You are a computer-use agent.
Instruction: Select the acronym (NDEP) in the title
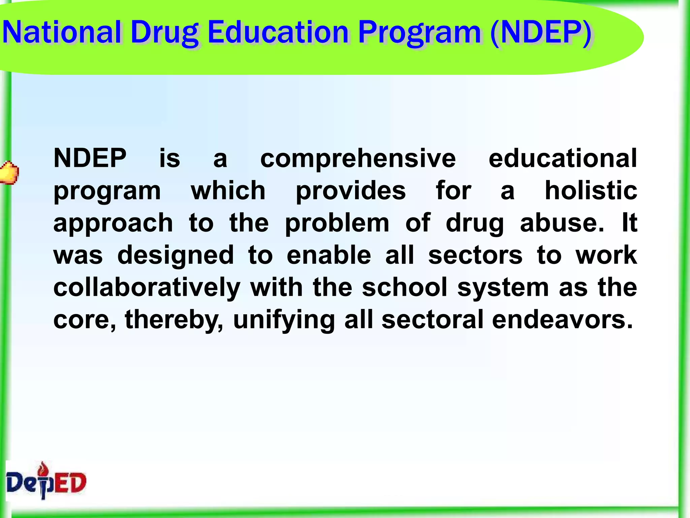(x=541, y=33)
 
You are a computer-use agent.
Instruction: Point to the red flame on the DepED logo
(x=43, y=468)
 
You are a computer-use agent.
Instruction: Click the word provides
(x=351, y=191)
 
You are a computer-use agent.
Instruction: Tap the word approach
(x=113, y=223)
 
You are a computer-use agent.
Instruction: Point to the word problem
(x=337, y=223)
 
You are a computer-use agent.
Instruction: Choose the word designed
(x=176, y=256)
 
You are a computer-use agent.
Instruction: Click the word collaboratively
(x=147, y=288)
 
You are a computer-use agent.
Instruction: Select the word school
(x=405, y=287)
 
